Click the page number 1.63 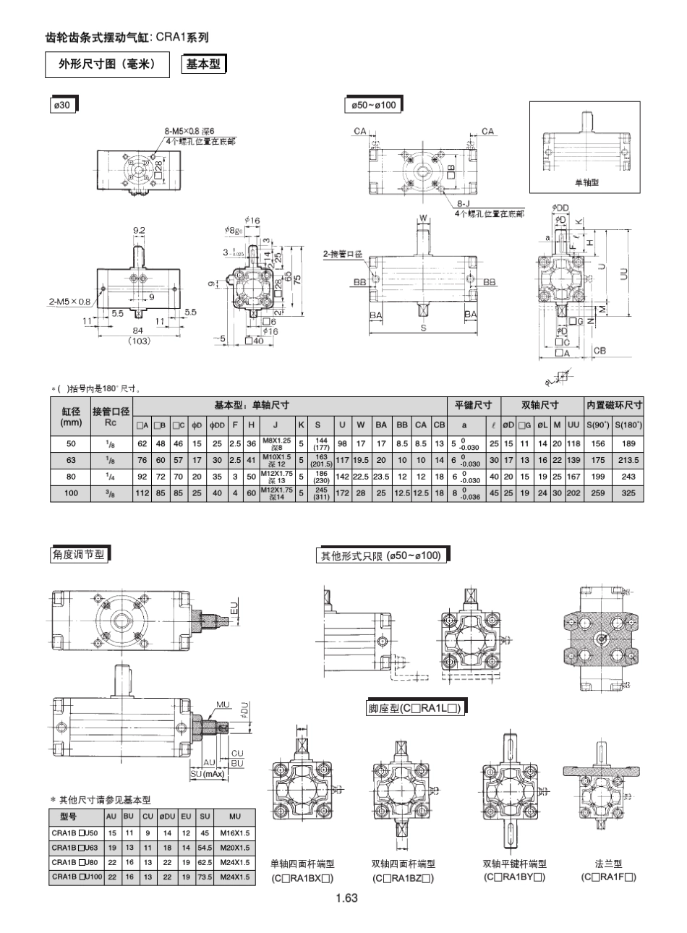[x=346, y=898]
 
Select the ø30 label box [x=63, y=106]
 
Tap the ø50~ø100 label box [x=372, y=106]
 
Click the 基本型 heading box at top [x=203, y=64]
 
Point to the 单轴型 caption [x=586, y=182]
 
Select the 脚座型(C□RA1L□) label [x=414, y=708]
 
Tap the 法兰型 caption [x=608, y=864]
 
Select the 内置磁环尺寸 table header [x=614, y=405]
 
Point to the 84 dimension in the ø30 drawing [x=139, y=330]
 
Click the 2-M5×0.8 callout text [x=69, y=301]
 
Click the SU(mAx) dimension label [x=208, y=773]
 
